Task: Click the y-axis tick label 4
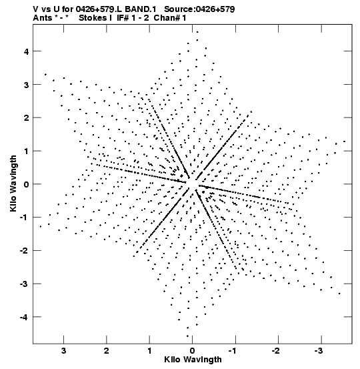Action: (27, 51)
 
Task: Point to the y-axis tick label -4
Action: (24, 317)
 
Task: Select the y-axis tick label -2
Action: (24, 251)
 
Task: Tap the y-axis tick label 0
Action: (27, 184)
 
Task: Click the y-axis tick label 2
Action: (27, 118)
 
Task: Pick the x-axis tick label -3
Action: (319, 351)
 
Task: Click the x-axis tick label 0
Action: (193, 351)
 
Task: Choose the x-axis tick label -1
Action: (233, 351)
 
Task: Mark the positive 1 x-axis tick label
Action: (149, 351)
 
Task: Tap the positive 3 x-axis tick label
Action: (63, 351)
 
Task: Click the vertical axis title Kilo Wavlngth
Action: (13, 183)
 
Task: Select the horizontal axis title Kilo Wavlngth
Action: (193, 360)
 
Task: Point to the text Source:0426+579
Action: (199, 9)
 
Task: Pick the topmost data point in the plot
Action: (197, 32)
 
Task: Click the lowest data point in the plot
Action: (187, 336)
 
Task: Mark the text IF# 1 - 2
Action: (133, 18)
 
